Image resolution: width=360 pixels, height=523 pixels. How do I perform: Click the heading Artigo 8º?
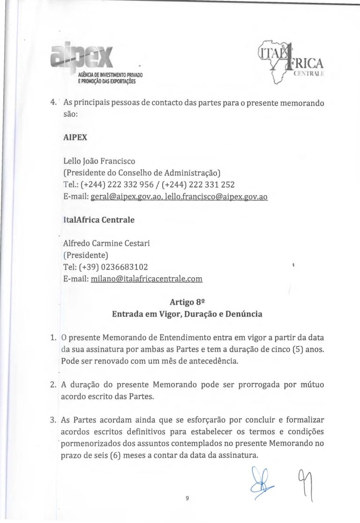[187, 303]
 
